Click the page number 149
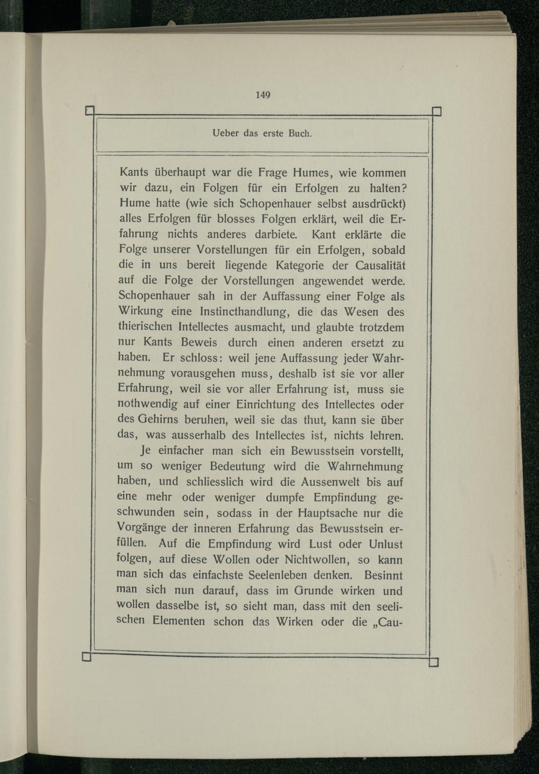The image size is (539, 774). coord(262,95)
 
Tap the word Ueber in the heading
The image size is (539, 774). coord(225,133)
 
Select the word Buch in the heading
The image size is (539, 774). coord(300,133)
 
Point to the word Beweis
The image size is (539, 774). coord(199,343)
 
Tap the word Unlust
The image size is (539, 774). coord(385,544)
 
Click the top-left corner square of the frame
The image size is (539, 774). coord(90,112)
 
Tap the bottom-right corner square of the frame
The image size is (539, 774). coord(434,662)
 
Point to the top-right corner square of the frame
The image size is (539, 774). coord(437,112)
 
